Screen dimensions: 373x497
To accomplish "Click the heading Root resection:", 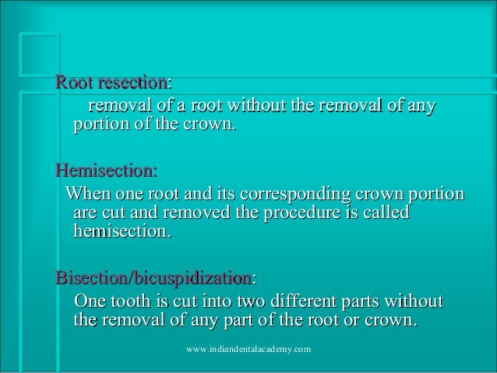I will tap(114, 82).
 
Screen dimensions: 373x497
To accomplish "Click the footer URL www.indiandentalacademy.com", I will tap(249, 350).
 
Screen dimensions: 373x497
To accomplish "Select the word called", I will tap(382, 213).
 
